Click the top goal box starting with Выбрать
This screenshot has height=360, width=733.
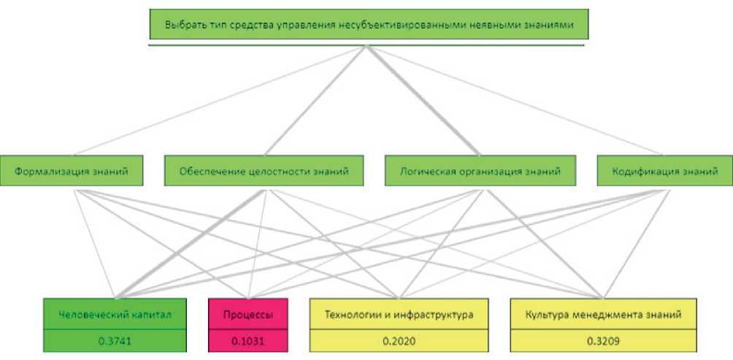(368, 24)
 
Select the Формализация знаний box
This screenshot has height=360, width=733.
(71, 172)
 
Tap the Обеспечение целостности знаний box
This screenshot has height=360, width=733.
(264, 172)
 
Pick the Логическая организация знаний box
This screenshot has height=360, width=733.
(480, 172)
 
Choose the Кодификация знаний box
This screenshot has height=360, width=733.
(664, 172)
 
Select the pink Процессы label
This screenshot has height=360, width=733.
(247, 315)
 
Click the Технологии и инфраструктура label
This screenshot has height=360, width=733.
(400, 315)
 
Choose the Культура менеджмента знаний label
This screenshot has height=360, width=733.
(603, 315)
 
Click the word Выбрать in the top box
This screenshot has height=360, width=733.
(182, 25)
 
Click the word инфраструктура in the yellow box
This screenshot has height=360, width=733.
(437, 315)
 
